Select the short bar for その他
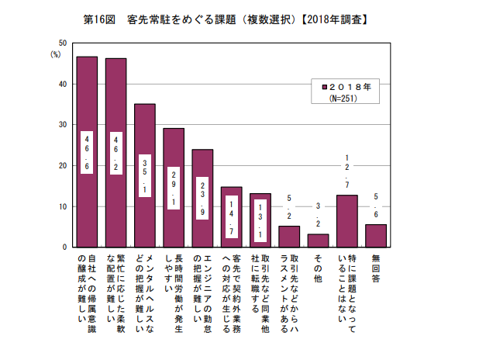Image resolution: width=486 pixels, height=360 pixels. point(318,241)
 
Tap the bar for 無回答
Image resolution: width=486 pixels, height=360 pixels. point(376,236)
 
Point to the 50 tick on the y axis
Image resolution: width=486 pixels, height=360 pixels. point(63,43)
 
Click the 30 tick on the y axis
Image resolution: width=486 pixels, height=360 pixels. point(63,124)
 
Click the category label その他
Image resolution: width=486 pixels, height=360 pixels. point(318,267)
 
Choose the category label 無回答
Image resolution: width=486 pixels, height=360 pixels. point(376,267)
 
